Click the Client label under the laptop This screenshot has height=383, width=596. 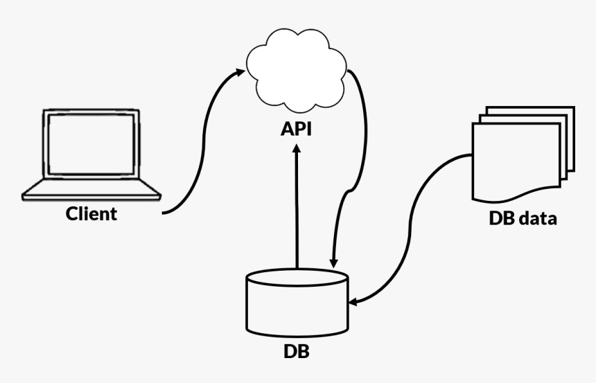[x=91, y=214]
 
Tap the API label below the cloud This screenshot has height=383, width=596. [x=297, y=129]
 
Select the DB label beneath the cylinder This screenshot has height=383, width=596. [x=297, y=351]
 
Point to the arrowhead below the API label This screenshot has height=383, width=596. [x=297, y=149]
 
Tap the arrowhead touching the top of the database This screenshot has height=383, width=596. [x=333, y=264]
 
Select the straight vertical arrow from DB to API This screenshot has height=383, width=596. [x=297, y=208]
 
